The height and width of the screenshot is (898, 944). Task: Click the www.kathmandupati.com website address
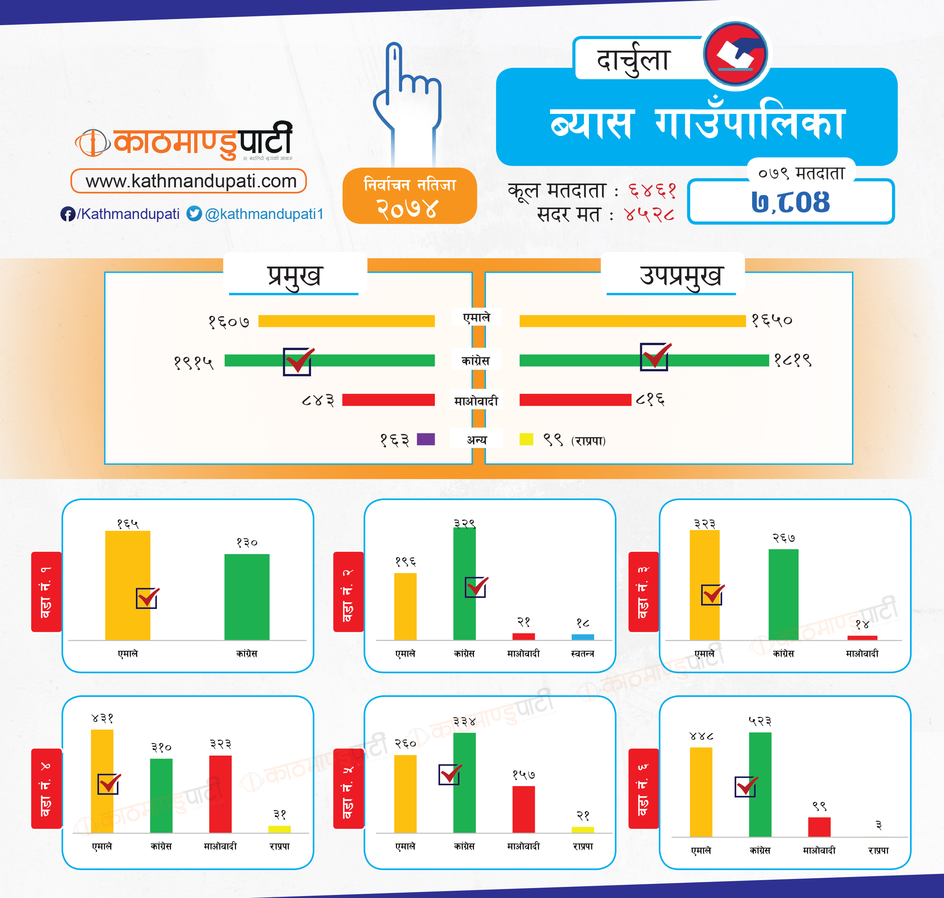[190, 181]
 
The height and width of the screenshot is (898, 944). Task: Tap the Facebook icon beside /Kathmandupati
[67, 214]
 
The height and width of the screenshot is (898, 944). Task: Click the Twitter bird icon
[194, 214]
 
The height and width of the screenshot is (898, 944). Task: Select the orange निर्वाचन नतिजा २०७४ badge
[410, 196]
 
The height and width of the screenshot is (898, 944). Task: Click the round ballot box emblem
[736, 54]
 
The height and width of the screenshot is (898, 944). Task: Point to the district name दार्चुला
[633, 60]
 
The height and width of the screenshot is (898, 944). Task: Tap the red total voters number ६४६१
[652, 191]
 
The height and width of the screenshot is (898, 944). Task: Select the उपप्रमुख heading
[680, 276]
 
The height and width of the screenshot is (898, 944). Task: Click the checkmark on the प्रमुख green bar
[298, 361]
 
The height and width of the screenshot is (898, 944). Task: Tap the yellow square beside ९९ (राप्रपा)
[526, 439]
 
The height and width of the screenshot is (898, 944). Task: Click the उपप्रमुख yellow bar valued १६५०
[632, 321]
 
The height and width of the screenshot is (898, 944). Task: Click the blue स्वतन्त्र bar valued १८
[582, 637]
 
